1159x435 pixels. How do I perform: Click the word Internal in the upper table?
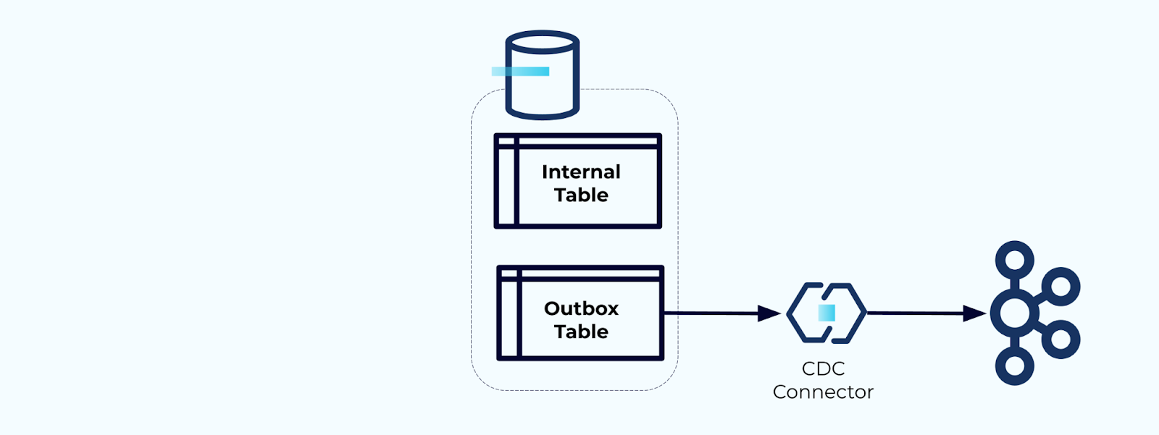(581, 172)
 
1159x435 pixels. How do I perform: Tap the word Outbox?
(581, 308)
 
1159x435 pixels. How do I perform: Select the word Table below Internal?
(581, 195)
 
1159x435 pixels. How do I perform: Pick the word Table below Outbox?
(581, 331)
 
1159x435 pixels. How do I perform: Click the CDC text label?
(823, 368)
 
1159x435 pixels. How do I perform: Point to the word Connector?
(823, 392)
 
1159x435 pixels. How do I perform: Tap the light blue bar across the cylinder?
(520, 71)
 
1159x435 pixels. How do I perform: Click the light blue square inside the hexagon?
(827, 313)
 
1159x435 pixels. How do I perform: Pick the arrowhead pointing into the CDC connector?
(769, 313)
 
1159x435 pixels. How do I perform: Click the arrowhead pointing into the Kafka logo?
(975, 313)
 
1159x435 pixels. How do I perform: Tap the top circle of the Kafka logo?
(1014, 260)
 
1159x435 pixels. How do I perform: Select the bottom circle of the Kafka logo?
(1014, 366)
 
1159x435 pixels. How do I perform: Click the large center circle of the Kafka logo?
(1014, 313)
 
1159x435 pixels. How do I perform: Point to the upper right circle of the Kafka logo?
(1060, 287)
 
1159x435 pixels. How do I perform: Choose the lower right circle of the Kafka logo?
(1060, 339)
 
